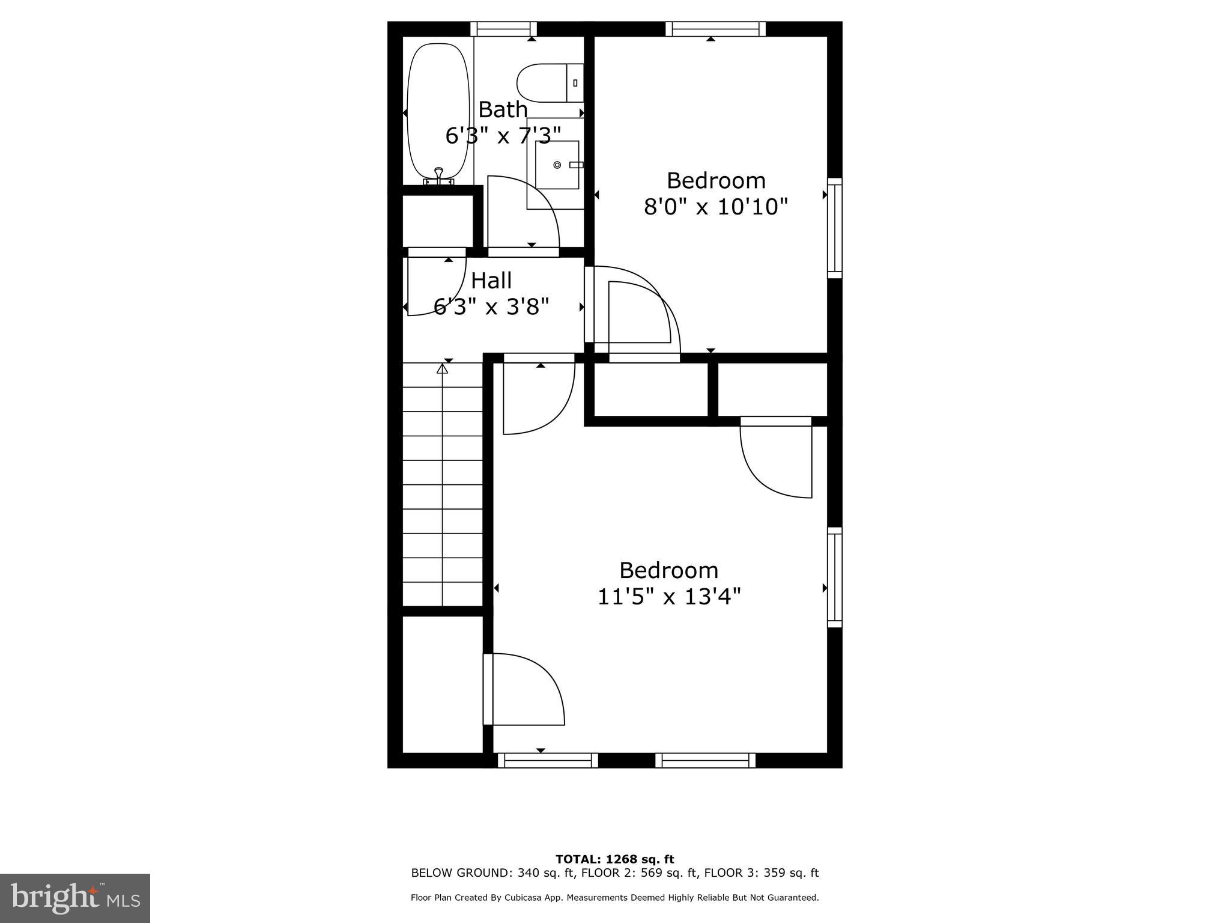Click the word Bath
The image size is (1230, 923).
(503, 110)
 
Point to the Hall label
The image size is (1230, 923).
(491, 281)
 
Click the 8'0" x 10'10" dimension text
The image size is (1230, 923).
(715, 207)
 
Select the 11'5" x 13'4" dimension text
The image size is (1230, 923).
(669, 597)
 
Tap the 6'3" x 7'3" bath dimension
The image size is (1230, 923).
(503, 136)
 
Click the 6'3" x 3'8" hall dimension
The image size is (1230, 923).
(491, 308)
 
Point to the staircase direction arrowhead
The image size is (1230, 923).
(443, 368)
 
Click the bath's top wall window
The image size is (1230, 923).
(503, 29)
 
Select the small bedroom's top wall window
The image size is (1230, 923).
(715, 29)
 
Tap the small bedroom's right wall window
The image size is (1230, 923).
(835, 228)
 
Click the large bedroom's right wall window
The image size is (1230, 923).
(835, 577)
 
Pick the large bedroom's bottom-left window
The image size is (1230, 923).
(548, 760)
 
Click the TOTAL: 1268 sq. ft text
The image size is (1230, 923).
(614, 859)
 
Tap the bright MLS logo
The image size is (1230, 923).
(75, 898)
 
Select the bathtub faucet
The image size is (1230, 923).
(439, 174)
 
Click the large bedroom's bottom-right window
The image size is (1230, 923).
(705, 760)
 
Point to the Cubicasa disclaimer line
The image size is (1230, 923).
(614, 898)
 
